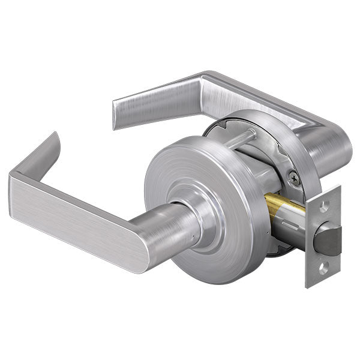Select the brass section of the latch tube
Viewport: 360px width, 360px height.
283,207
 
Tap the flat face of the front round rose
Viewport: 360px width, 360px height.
180,174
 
